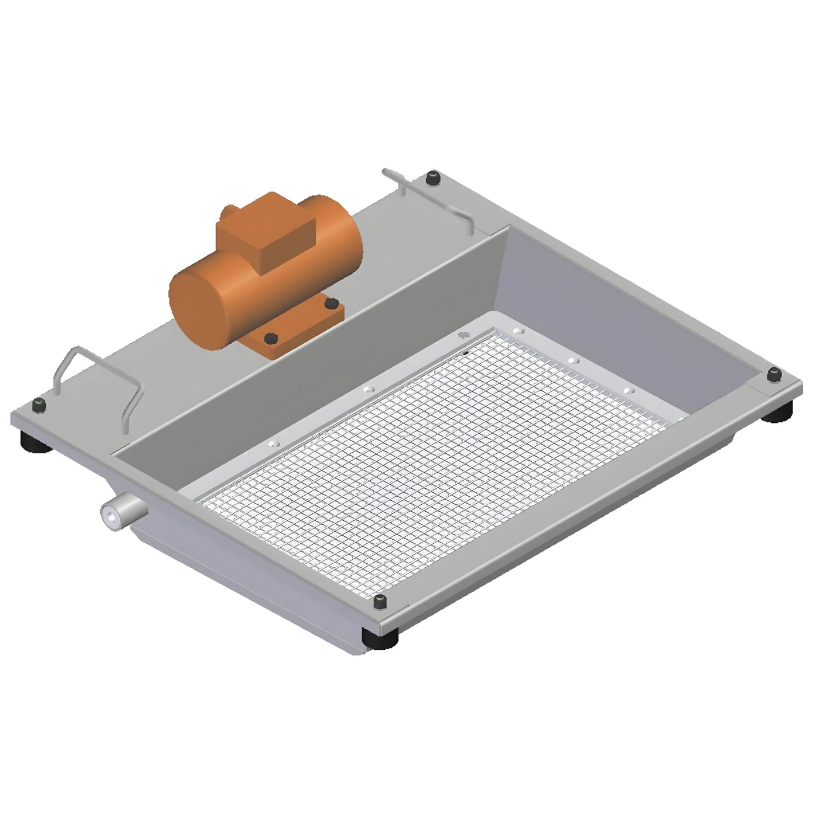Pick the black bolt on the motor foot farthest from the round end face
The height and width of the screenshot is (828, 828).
pyautogui.click(x=328, y=302)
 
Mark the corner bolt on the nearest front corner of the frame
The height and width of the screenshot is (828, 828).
pyautogui.click(x=380, y=601)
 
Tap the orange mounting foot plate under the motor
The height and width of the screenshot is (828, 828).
pyautogui.click(x=298, y=332)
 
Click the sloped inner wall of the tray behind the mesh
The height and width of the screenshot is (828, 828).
pyautogui.click(x=619, y=304)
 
